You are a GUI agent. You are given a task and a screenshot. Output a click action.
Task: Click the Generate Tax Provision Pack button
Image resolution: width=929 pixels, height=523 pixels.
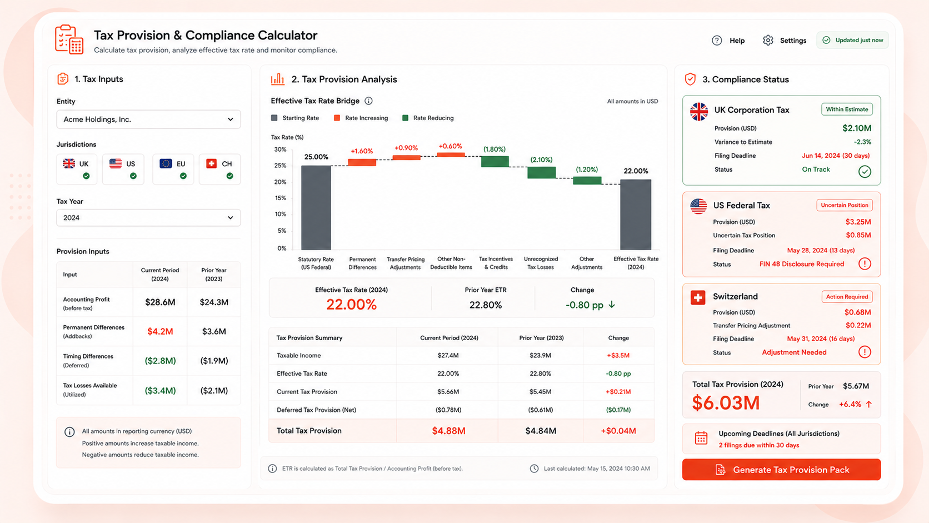(781, 470)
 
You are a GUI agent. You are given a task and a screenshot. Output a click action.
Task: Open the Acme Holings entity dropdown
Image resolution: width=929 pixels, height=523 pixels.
(148, 119)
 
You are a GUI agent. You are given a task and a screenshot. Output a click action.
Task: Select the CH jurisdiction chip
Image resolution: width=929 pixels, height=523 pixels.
(220, 169)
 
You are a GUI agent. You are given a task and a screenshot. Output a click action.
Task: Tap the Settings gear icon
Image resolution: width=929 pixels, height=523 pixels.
(768, 40)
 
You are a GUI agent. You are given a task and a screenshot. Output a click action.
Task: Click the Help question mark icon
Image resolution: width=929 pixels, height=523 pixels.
(717, 40)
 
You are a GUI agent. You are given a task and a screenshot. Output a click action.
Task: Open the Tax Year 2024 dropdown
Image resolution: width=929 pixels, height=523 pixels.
(148, 218)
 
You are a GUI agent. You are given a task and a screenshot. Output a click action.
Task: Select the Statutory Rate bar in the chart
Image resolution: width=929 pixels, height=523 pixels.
(316, 207)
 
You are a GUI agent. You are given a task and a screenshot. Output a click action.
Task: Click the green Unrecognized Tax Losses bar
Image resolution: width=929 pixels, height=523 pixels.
(541, 172)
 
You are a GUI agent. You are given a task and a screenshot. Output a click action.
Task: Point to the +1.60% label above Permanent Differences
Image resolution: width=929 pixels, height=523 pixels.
(362, 151)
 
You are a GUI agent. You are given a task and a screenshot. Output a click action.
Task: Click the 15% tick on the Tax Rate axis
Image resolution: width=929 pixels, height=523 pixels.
(281, 198)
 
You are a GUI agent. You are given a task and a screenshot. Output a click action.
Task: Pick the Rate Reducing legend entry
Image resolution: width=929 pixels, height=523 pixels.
(428, 118)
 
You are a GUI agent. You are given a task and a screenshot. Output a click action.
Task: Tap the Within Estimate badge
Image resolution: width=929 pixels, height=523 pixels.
(847, 109)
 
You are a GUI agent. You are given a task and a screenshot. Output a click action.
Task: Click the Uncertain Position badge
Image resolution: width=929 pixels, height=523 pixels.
(845, 205)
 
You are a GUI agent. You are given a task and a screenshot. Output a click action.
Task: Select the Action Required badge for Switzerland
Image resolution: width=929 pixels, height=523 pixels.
(847, 297)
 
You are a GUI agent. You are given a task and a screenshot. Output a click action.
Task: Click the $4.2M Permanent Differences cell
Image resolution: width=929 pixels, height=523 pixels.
(160, 331)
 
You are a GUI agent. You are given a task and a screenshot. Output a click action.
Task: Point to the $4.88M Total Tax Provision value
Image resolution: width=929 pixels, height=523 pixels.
(448, 431)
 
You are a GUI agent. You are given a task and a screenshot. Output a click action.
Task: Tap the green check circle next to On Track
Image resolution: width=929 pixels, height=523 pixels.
(865, 171)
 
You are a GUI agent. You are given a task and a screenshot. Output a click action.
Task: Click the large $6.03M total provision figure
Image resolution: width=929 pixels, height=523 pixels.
(726, 403)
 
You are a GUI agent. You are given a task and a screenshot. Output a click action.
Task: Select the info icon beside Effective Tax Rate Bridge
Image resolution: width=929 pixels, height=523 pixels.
(368, 101)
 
